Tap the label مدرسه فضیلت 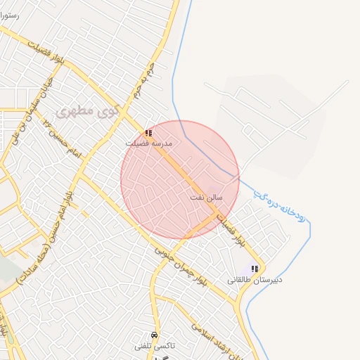pyautogui.click(x=148, y=143)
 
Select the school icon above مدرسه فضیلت pyautogui.click(x=148, y=132)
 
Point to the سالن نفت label pyautogui.click(x=206, y=198)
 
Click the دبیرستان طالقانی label pyautogui.click(x=255, y=279)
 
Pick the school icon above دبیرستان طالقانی pyautogui.click(x=255, y=269)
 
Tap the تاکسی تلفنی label pyautogui.click(x=154, y=346)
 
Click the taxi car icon pyautogui.click(x=154, y=335)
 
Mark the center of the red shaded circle pyautogui.click(x=180, y=180)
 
